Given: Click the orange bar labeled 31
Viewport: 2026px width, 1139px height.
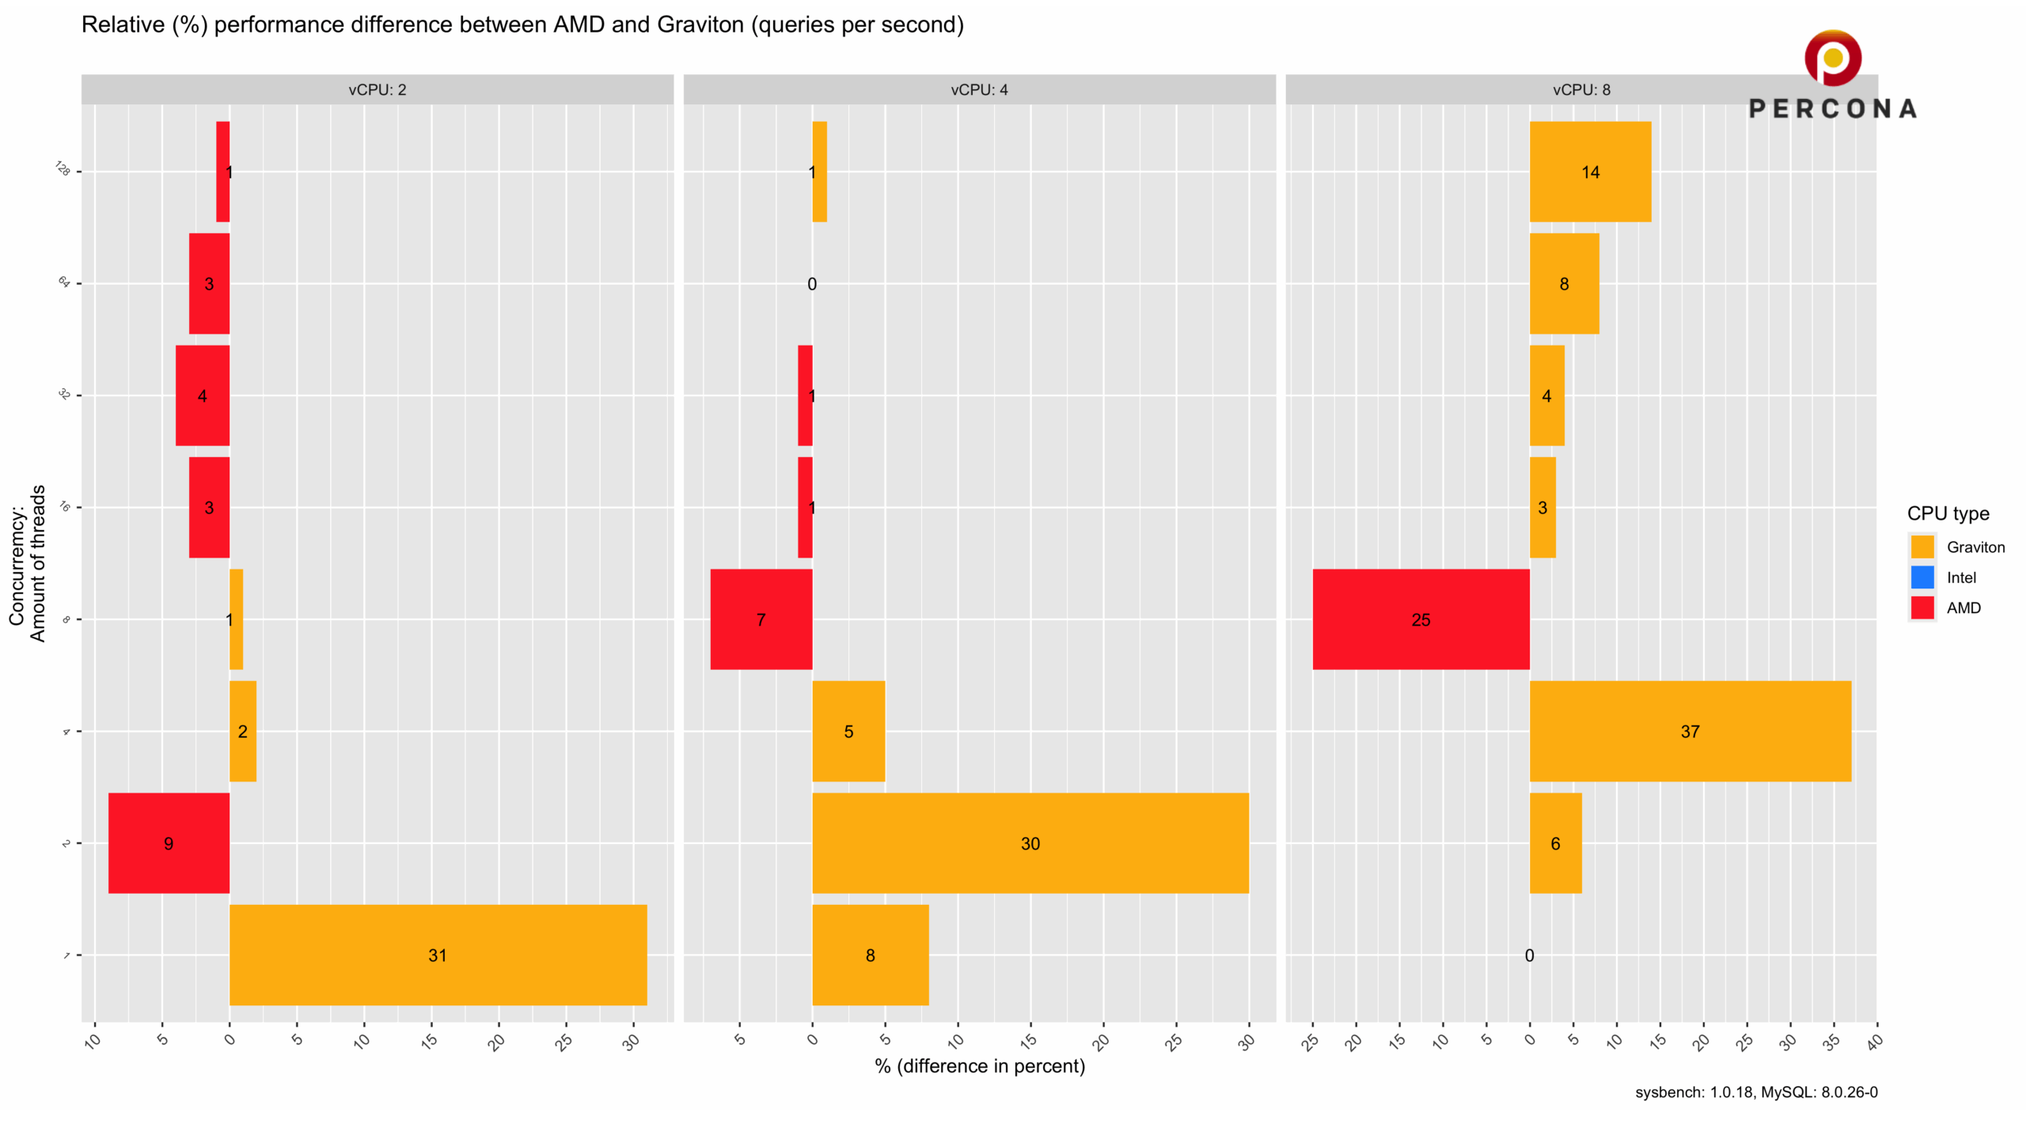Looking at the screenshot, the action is click(438, 955).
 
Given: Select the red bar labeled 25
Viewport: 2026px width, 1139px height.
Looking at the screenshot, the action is click(1421, 619).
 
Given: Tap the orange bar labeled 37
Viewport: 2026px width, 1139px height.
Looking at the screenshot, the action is click(1690, 731).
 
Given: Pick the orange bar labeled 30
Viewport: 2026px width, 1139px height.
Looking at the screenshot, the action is click(1030, 843).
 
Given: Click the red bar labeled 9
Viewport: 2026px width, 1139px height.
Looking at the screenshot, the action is click(169, 843).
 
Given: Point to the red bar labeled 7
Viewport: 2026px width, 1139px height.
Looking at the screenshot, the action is click(761, 619).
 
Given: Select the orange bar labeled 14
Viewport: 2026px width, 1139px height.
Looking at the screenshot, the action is click(1590, 172).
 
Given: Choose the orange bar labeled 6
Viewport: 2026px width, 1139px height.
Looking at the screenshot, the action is click(1556, 843).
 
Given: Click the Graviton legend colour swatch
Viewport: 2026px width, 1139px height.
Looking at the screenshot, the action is click(1922, 547).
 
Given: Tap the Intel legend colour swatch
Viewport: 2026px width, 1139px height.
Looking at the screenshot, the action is click(1922, 577).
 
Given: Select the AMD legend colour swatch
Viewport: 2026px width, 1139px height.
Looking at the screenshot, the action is click(1922, 607).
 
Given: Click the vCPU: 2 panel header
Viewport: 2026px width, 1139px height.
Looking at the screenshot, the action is click(378, 89).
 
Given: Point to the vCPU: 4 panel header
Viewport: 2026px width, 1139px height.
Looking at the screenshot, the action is click(980, 89).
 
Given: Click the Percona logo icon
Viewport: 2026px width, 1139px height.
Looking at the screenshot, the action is click(1833, 58).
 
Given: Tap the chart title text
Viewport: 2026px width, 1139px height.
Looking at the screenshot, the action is click(522, 25).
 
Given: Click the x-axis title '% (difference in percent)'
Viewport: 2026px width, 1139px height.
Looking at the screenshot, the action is click(980, 1065).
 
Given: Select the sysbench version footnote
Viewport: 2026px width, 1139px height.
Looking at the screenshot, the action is click(1756, 1092).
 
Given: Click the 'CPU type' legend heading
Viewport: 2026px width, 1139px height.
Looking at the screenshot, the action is click(1948, 513).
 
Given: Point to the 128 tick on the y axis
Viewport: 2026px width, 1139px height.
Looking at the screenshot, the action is click(63, 168).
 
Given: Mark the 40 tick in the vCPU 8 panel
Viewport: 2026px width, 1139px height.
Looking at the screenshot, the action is click(1873, 1043).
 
